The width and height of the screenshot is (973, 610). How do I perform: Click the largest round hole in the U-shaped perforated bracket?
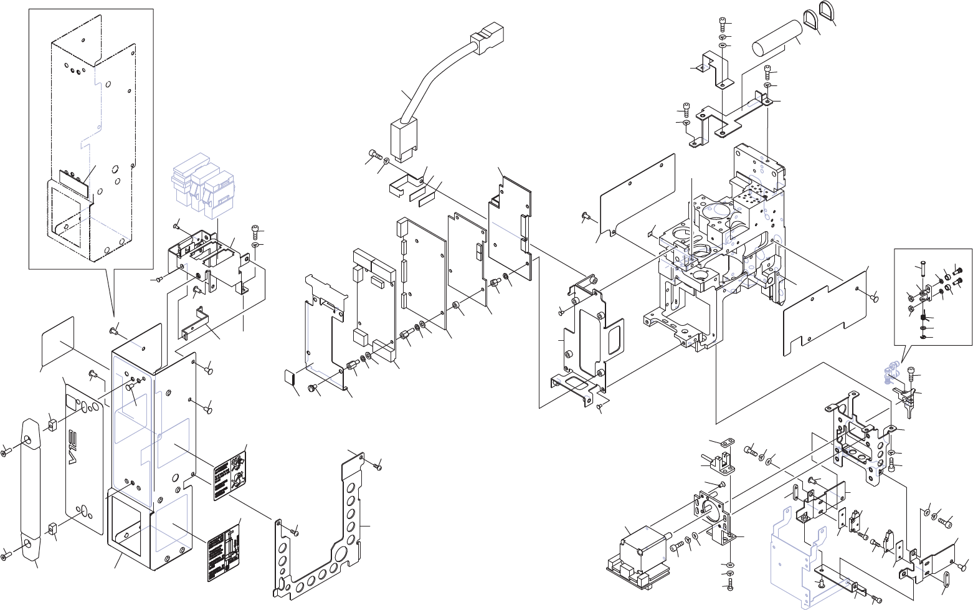tap(341, 555)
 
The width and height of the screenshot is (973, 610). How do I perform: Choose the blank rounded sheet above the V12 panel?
tap(58, 342)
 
